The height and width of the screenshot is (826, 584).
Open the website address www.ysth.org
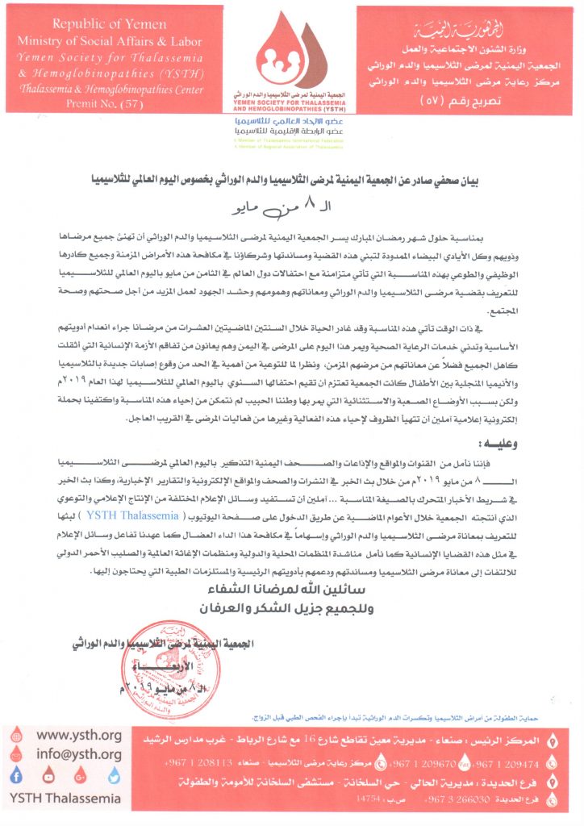pos(79,734)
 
